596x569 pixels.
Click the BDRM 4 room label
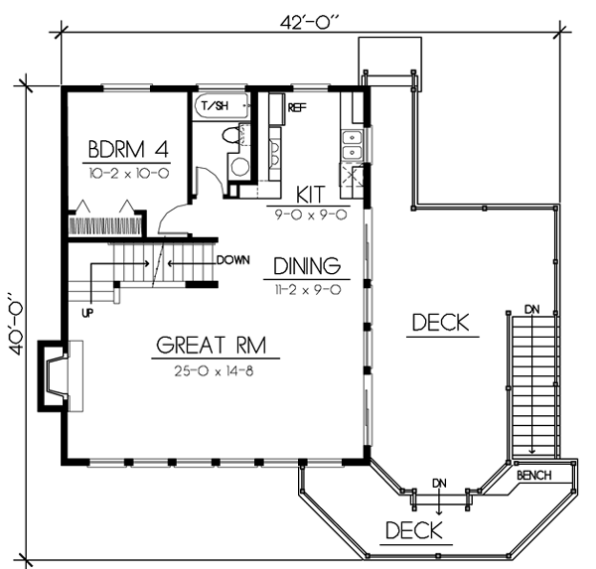pyautogui.click(x=128, y=151)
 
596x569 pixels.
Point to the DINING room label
pyautogui.click(x=308, y=266)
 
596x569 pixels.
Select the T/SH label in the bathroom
pyautogui.click(x=213, y=106)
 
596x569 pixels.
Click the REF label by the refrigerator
pyautogui.click(x=296, y=106)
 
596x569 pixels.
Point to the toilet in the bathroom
pyautogui.click(x=229, y=135)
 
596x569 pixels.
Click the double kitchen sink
pyautogui.click(x=351, y=146)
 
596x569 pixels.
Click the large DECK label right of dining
pyautogui.click(x=439, y=323)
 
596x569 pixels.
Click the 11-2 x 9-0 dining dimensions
pyautogui.click(x=307, y=289)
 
